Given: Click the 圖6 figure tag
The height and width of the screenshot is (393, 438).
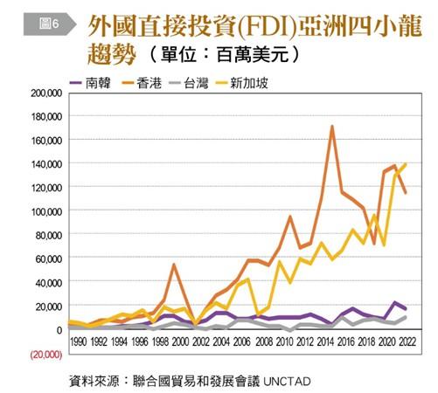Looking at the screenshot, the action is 50,24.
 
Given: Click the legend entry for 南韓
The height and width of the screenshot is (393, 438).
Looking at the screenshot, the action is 90,83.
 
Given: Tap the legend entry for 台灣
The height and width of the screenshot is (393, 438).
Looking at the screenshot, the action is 189,83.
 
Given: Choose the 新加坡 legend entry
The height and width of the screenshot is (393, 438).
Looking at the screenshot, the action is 241,83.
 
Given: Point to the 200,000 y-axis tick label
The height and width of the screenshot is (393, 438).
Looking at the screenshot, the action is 46,93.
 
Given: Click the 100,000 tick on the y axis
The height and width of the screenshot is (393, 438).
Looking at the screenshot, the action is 46,211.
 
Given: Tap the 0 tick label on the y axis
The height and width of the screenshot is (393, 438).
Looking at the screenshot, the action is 59,330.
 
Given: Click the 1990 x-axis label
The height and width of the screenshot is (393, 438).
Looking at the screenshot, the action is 79,341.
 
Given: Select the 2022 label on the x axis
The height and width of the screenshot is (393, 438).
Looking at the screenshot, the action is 407,341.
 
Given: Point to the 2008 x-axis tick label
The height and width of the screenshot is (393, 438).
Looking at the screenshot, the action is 263,341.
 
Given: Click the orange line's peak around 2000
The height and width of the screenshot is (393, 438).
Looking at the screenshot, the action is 174,265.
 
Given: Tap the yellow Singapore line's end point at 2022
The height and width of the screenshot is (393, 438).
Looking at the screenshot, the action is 405,164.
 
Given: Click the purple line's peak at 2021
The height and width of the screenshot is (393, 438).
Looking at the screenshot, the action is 395,302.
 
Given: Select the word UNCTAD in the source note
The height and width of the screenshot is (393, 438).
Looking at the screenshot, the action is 287,382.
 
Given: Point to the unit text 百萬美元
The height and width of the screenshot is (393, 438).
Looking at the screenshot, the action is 253,55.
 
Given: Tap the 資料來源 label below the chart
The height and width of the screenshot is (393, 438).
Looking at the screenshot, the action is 94,382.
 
